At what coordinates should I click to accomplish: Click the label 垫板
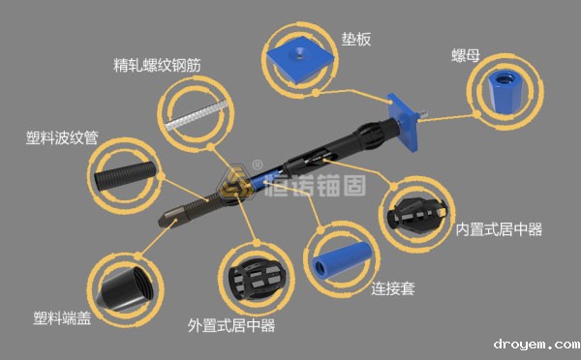tap(356, 40)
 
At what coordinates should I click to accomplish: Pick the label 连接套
tap(393, 288)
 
